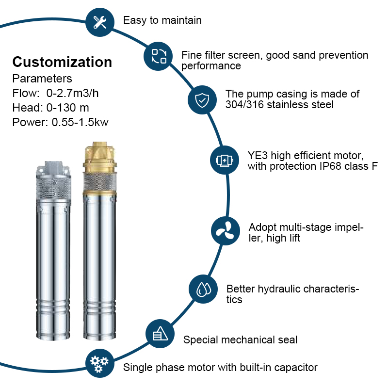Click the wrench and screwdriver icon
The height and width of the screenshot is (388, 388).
click(100, 22)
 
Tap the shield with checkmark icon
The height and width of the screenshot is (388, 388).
click(202, 100)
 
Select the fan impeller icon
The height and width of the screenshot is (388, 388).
click(225, 231)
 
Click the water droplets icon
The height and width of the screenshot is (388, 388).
click(203, 289)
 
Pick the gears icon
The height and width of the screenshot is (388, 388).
click(99, 364)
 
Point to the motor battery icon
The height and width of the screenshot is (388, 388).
click(224, 160)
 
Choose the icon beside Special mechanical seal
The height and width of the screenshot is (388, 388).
click(160, 333)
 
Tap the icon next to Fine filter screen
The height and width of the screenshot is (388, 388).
click(159, 56)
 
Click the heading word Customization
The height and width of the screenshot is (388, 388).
click(63, 62)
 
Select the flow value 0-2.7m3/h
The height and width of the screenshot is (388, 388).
click(72, 93)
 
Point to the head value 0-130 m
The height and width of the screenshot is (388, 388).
click(68, 108)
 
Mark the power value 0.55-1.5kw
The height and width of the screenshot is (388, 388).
click(80, 122)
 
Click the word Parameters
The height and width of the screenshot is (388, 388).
click(42, 79)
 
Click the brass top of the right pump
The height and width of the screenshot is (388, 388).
click(99, 157)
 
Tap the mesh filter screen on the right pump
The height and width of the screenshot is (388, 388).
click(99, 181)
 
